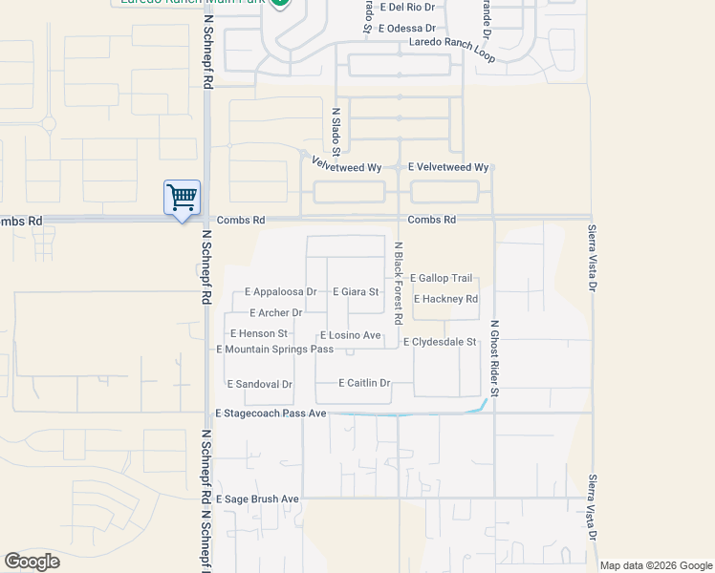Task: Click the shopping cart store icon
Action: (182, 198)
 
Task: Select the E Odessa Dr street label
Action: (406, 30)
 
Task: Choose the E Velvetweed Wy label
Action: (448, 167)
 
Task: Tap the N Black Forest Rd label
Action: (400, 282)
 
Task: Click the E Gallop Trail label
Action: (441, 278)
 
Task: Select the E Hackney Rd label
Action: (445, 299)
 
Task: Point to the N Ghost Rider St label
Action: (494, 358)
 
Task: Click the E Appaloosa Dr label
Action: (280, 292)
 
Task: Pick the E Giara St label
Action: (355, 292)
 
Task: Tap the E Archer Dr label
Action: (275, 313)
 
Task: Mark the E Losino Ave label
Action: (350, 335)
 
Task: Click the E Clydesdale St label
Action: (440, 342)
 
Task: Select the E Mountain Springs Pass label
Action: (275, 350)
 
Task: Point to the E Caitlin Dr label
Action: (364, 383)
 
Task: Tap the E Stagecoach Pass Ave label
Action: (271, 414)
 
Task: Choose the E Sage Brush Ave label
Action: (257, 499)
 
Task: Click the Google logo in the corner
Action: (32, 562)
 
